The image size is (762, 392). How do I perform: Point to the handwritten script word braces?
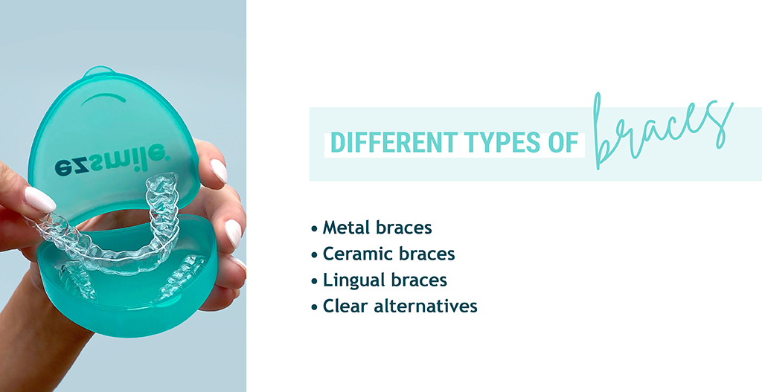(663, 131)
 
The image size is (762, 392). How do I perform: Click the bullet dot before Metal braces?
(315, 228)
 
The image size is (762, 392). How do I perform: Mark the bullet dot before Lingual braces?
(315, 280)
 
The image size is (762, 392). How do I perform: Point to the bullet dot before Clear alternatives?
(315, 307)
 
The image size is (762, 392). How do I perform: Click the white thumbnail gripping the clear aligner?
(40, 199)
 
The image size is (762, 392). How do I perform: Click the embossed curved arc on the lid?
(103, 97)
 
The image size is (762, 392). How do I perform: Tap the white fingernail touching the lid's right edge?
(219, 170)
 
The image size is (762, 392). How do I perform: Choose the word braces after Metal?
(404, 228)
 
